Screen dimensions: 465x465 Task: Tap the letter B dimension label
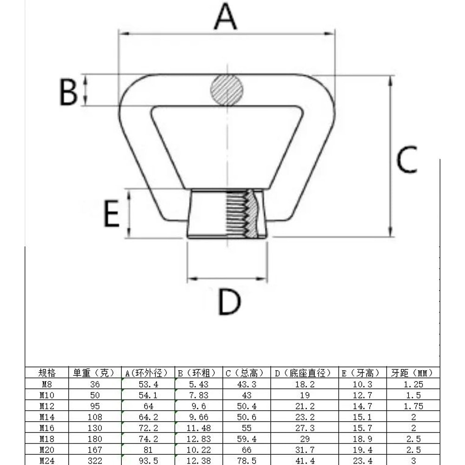pos(68,92)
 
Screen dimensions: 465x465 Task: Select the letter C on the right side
pos(406,159)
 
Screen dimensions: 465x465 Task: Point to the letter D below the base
pos(229,302)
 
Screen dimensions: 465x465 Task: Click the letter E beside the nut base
pos(111,214)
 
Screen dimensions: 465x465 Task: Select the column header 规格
pos(46,373)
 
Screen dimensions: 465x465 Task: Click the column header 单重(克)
pos(94,373)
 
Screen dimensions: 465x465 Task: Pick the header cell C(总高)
pos(246,373)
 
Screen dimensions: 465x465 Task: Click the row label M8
pos(46,384)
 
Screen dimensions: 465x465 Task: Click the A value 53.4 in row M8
pos(148,384)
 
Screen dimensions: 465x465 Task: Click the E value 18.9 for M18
pos(363,439)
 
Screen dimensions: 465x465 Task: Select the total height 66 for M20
pos(246,450)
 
